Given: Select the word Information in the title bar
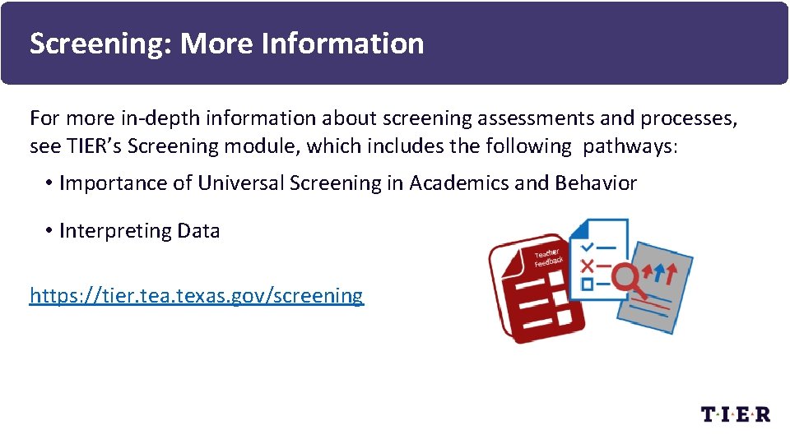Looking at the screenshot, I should point(342,44).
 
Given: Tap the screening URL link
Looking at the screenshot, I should point(196,295).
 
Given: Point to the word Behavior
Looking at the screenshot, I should point(596,183).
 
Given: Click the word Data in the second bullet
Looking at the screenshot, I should point(198,231).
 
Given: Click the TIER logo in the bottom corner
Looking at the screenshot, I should point(735,414).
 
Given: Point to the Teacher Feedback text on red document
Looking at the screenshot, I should point(548,257).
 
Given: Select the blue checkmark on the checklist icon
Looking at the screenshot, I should point(587,246).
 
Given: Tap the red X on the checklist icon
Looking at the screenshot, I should point(587,266).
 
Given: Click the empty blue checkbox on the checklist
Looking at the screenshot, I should point(587,284).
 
